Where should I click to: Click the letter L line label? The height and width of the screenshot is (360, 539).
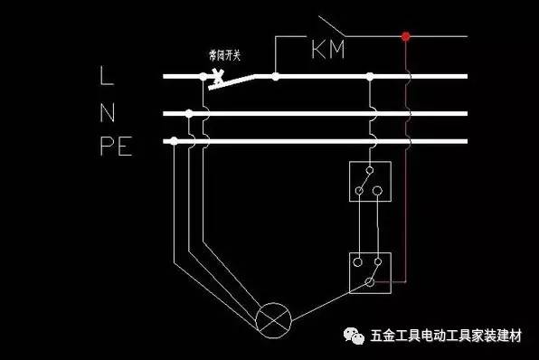coord(107,78)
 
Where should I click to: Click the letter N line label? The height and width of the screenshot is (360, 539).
coord(107,114)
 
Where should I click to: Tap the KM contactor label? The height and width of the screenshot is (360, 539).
coord(329,50)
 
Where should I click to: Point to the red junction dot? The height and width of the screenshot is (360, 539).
coord(406,37)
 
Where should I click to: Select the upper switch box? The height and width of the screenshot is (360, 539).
coord(369,181)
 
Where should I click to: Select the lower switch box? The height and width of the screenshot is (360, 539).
coord(369,272)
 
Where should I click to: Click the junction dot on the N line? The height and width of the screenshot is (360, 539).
coord(188,114)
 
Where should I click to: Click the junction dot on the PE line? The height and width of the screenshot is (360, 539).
coord(173,140)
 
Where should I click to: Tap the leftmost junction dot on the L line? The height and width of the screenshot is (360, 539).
coord(203,77)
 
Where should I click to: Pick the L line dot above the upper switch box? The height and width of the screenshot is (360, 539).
coord(369,77)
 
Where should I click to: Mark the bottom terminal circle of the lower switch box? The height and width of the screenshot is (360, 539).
coord(369,283)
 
